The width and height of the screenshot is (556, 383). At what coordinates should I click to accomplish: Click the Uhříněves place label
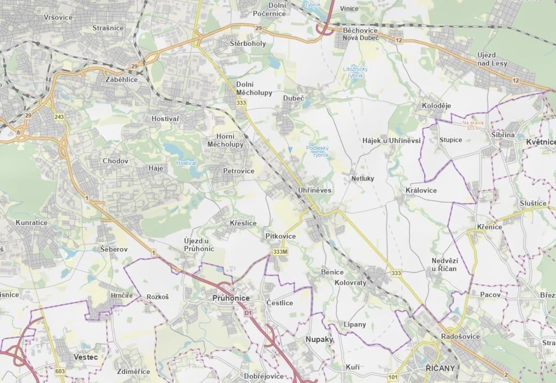coord(314,190)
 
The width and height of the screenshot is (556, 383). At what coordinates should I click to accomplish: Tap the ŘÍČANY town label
coord(439,368)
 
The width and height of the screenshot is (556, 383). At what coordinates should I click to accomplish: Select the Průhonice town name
coord(231,298)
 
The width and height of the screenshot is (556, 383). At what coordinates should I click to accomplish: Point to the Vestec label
coord(86,357)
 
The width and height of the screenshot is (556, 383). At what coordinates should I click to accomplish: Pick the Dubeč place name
coord(293,98)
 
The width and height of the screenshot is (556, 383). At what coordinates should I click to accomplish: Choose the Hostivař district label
coord(165,118)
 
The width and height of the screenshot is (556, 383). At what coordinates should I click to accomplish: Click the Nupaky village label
coord(319,339)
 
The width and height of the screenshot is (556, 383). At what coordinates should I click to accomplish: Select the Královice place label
coord(421,190)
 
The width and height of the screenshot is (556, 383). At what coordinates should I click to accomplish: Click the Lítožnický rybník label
coord(356,72)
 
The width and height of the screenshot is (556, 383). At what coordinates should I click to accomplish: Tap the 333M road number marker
coord(280,252)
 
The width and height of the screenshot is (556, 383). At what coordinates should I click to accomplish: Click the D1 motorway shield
coord(248,313)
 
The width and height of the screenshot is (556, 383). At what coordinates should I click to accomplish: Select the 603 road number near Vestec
coord(60,372)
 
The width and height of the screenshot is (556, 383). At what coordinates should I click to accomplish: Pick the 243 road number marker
coord(59,117)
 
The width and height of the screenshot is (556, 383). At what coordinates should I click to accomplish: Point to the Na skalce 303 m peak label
coord(473,125)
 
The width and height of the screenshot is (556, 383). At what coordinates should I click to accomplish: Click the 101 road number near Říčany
coord(393,377)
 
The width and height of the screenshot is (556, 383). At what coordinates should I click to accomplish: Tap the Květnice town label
coord(540,142)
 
